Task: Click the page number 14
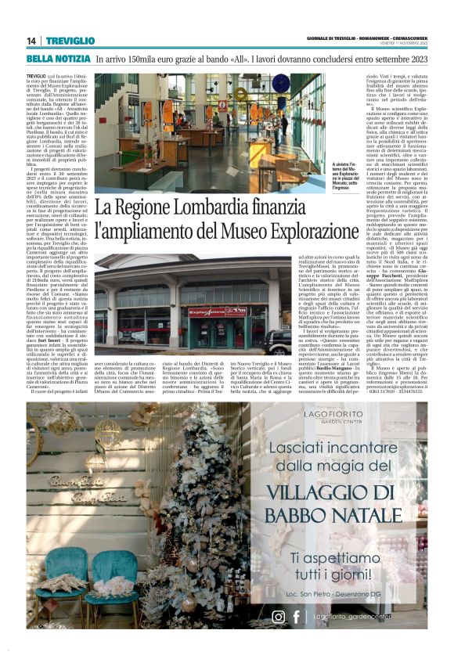click(x=32, y=41)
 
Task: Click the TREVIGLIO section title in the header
click(x=69, y=41)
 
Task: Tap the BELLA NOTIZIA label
click(x=57, y=59)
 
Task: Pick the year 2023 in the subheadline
click(x=438, y=59)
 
